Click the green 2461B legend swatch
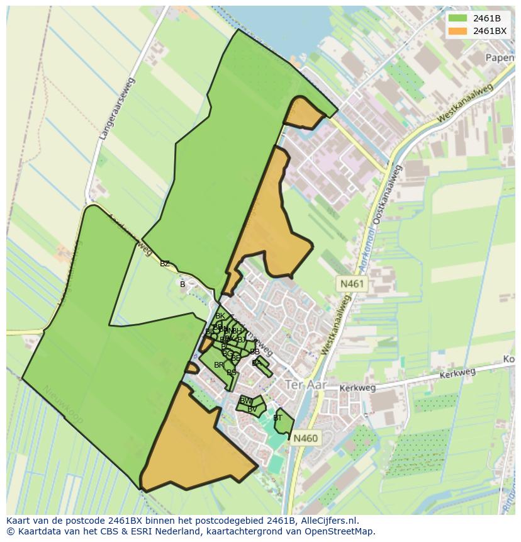(x=457, y=18)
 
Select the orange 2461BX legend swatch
(x=457, y=31)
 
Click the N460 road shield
(x=305, y=438)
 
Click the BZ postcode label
(x=165, y=264)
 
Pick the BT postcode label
(x=277, y=417)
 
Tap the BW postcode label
(x=246, y=401)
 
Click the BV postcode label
(x=252, y=409)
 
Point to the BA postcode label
(x=256, y=363)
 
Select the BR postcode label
(x=218, y=365)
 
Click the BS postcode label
(x=232, y=373)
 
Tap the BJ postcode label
(x=242, y=340)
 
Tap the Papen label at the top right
(x=500, y=57)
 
